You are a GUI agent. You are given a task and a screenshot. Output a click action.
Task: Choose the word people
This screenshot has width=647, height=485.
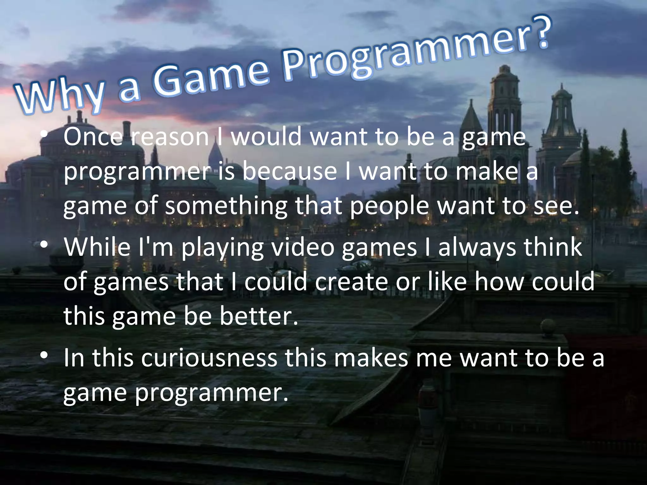click(x=389, y=207)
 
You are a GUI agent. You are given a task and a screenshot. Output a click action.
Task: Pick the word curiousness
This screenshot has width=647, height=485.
click(x=209, y=357)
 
